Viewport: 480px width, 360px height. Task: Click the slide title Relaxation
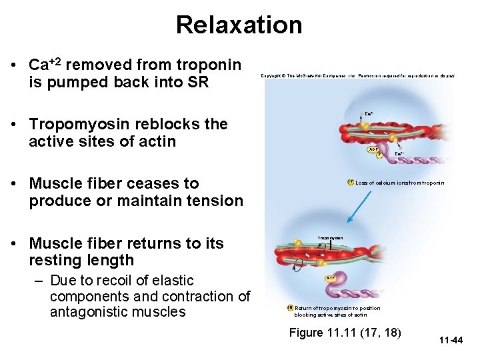(239, 25)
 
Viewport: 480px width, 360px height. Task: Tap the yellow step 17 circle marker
(350, 182)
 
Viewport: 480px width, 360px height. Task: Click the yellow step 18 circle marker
(290, 307)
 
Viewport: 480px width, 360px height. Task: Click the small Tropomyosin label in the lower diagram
(330, 237)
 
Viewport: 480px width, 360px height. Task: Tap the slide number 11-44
(451, 341)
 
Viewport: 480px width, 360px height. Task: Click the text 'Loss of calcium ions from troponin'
(399, 183)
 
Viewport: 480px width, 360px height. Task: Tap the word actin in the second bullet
(158, 141)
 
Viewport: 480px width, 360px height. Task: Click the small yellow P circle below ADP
(379, 156)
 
